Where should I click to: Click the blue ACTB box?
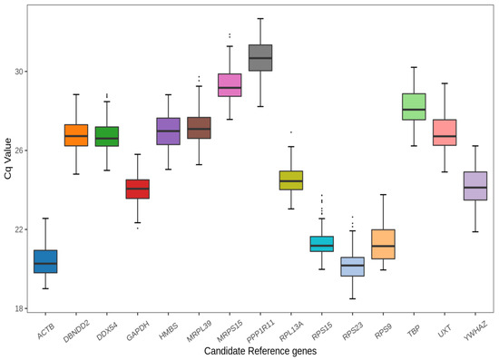[44, 261]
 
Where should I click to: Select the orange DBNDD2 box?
[75, 135]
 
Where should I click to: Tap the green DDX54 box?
[106, 136]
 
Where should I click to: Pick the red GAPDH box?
[137, 189]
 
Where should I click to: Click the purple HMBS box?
[168, 131]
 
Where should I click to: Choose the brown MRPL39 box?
[199, 128]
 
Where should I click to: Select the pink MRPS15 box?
[230, 84]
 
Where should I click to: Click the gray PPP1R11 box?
[260, 57]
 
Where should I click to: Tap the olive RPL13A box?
[291, 180]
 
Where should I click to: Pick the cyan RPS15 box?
[322, 244]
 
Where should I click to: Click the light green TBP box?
[414, 106]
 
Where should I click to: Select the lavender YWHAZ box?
[475, 186]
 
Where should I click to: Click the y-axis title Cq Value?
[8, 163]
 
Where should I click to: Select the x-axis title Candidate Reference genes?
[259, 351]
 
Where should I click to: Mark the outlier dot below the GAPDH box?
[137, 228]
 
